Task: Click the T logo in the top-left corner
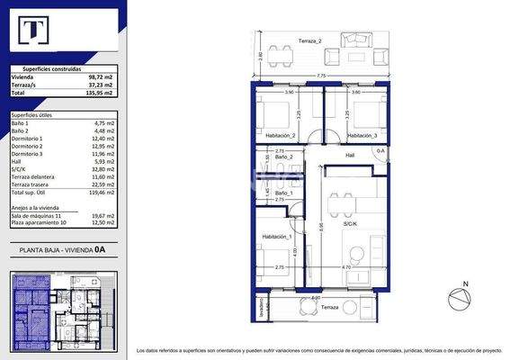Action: point(34,32)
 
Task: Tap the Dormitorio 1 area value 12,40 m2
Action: point(106,139)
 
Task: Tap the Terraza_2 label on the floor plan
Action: point(310,41)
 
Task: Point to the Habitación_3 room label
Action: point(362,134)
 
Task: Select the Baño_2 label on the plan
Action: point(284,157)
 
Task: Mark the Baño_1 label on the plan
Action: point(284,193)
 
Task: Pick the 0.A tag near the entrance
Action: point(380,150)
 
